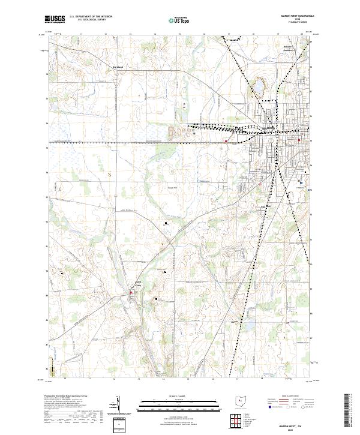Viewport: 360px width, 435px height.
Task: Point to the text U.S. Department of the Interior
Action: point(91,17)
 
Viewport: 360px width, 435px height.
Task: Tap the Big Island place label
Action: point(121,67)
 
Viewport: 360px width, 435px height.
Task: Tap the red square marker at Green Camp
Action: point(132,293)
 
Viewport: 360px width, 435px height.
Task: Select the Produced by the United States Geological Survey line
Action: point(65,397)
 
